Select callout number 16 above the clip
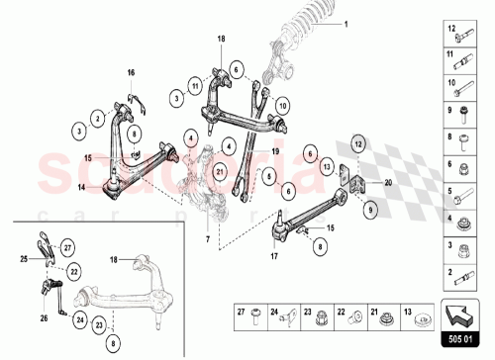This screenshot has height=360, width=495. (x=130, y=74)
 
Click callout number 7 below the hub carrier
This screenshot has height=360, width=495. (x=207, y=238)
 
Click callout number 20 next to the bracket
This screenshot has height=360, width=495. (x=388, y=184)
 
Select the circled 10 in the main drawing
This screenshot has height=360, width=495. (x=282, y=105)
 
